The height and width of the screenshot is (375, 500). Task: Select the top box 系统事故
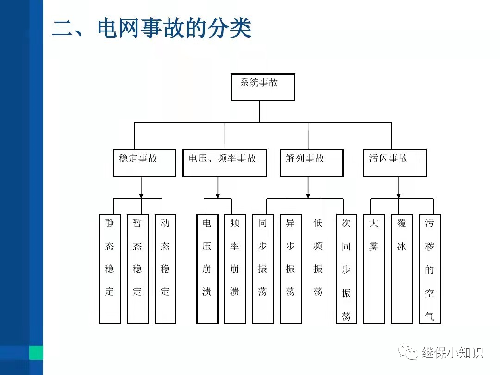coord(262,87)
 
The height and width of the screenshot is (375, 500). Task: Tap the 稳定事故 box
coord(144,163)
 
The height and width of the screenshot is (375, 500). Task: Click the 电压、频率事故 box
coord(225,163)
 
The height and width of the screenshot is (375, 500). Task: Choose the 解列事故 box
coord(311,163)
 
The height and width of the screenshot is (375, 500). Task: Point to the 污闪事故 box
coord(394,163)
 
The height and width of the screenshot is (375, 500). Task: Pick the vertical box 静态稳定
coord(110,269)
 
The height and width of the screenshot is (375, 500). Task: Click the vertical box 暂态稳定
coord(137,269)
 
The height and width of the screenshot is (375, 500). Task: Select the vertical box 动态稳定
coord(165,269)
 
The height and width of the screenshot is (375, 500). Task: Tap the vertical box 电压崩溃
coord(207,269)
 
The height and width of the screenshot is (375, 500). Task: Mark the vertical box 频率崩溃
coord(235,269)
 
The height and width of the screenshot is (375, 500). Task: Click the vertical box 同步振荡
coord(262,269)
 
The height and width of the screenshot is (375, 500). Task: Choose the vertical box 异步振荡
coord(290,269)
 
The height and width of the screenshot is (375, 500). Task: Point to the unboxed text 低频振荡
coord(318,257)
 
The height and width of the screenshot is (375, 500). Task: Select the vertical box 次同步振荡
coord(346,269)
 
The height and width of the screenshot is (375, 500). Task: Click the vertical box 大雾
coord(374,269)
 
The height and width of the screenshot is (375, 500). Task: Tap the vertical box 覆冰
coord(402,269)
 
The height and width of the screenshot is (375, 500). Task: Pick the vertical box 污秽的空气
coord(430,269)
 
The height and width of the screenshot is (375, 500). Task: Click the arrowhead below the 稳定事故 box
coord(141,195)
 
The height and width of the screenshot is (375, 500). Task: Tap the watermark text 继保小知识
coord(452,353)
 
